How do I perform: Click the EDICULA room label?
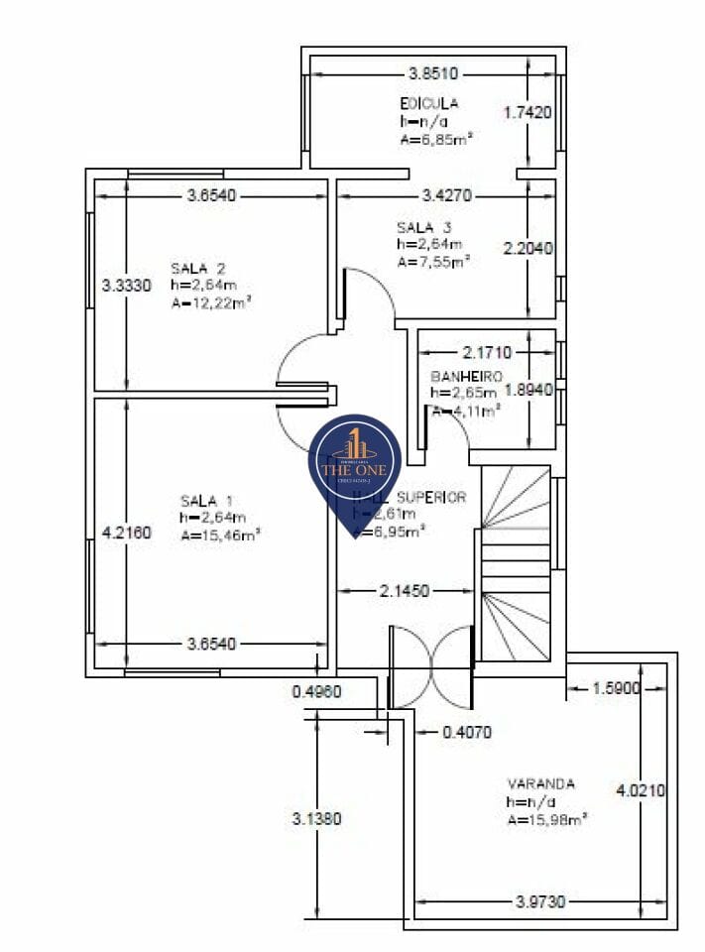(x=428, y=103)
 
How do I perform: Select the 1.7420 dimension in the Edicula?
(x=528, y=112)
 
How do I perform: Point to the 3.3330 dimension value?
(x=126, y=286)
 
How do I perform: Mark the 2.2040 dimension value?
(x=528, y=249)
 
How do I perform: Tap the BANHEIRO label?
(x=466, y=377)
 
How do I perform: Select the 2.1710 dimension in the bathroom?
(x=487, y=352)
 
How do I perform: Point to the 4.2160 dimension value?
(x=126, y=534)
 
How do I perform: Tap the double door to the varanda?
(x=430, y=666)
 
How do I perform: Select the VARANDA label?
(x=540, y=783)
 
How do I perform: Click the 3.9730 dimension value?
(x=540, y=901)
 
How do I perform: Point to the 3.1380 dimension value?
(x=316, y=819)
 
